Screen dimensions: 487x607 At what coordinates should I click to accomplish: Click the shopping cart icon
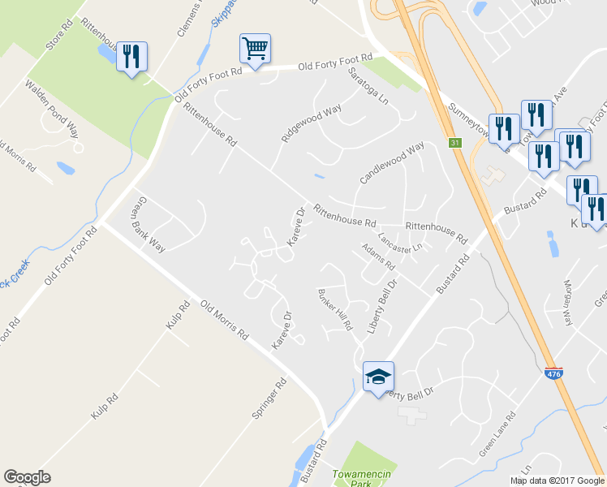pos(255,50)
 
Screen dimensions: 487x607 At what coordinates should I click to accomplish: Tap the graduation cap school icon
pos(378,377)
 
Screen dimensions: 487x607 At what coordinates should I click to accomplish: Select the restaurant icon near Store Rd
pos(131,57)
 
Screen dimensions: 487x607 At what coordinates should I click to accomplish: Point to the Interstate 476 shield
pos(553,373)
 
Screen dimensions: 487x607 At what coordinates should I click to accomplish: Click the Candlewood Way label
pos(393,163)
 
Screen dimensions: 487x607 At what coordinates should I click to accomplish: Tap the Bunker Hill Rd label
pos(336,309)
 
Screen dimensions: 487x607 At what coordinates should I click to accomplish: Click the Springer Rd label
pos(270,398)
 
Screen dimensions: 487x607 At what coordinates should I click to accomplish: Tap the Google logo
pos(27,477)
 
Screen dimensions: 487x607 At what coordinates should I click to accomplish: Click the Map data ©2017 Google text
pos(556,481)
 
